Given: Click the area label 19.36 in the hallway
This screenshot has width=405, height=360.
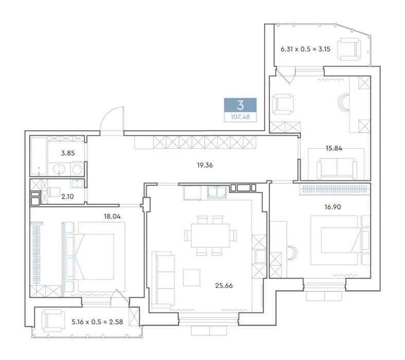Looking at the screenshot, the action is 205,165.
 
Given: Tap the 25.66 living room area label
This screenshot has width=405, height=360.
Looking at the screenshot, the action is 224,285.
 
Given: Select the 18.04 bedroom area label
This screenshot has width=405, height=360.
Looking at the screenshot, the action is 112,217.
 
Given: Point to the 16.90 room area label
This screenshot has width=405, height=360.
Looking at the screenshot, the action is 332,207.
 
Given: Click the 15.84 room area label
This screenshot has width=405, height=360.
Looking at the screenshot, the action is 333,149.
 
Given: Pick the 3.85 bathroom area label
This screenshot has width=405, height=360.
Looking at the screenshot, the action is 68,153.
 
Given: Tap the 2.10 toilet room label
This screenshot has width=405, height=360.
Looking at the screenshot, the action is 67,196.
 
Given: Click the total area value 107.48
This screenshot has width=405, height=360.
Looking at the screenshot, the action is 240,117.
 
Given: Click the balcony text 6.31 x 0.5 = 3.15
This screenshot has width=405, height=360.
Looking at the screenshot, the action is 305,49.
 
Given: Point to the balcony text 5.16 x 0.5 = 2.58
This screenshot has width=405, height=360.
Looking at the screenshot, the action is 97,322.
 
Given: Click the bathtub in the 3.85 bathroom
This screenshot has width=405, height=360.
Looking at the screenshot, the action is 39,156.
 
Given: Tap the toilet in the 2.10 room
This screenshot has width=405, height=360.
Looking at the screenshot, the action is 54,192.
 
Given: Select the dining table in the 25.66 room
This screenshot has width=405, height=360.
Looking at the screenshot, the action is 210,236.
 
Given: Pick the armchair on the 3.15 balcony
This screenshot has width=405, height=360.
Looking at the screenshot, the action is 350,49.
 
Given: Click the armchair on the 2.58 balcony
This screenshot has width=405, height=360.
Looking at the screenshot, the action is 54,321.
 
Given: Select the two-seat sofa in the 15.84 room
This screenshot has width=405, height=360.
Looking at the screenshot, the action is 337,168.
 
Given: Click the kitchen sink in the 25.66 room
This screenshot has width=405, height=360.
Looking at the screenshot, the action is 217,192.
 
